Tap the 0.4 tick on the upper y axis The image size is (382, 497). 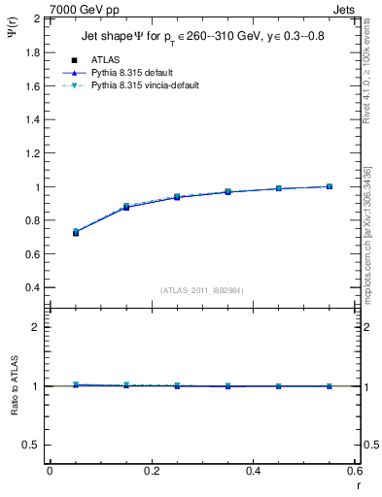[x=31, y=288]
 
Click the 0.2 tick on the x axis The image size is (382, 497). [x=152, y=471]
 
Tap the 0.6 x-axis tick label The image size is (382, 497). [x=354, y=471]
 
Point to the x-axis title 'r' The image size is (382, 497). [x=357, y=484]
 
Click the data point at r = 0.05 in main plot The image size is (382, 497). [x=76, y=232]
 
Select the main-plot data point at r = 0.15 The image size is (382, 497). [x=126, y=207]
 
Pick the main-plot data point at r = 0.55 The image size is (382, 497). [x=330, y=186]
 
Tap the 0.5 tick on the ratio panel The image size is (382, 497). [x=31, y=445]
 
